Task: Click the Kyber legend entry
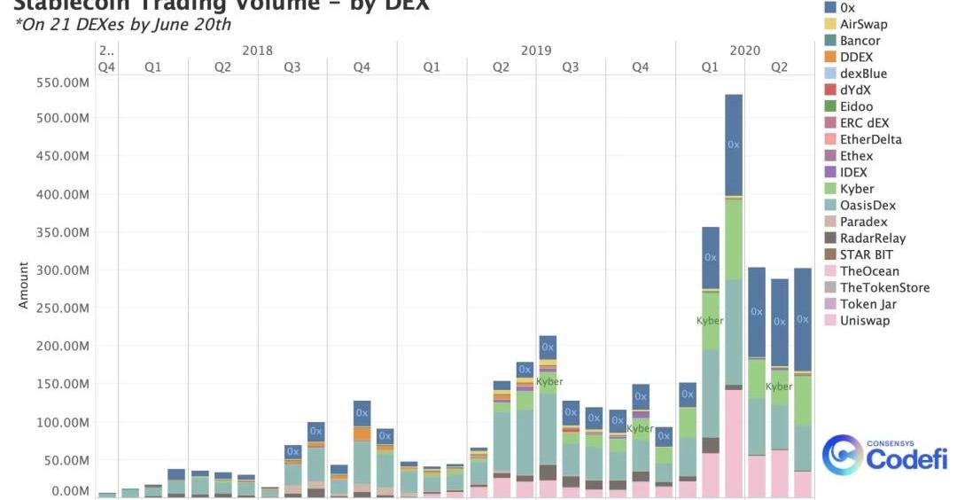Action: tap(856, 189)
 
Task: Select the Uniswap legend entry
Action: tap(864, 320)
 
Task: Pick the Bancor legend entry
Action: tap(860, 41)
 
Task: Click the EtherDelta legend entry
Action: tap(870, 139)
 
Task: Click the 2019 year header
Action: tap(535, 51)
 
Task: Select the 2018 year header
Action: tap(257, 51)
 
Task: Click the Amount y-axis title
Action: tap(24, 285)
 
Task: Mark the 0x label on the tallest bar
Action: tap(733, 144)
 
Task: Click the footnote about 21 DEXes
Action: tap(123, 25)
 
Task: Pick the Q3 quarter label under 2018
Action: tap(292, 67)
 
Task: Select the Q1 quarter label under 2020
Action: tap(710, 67)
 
